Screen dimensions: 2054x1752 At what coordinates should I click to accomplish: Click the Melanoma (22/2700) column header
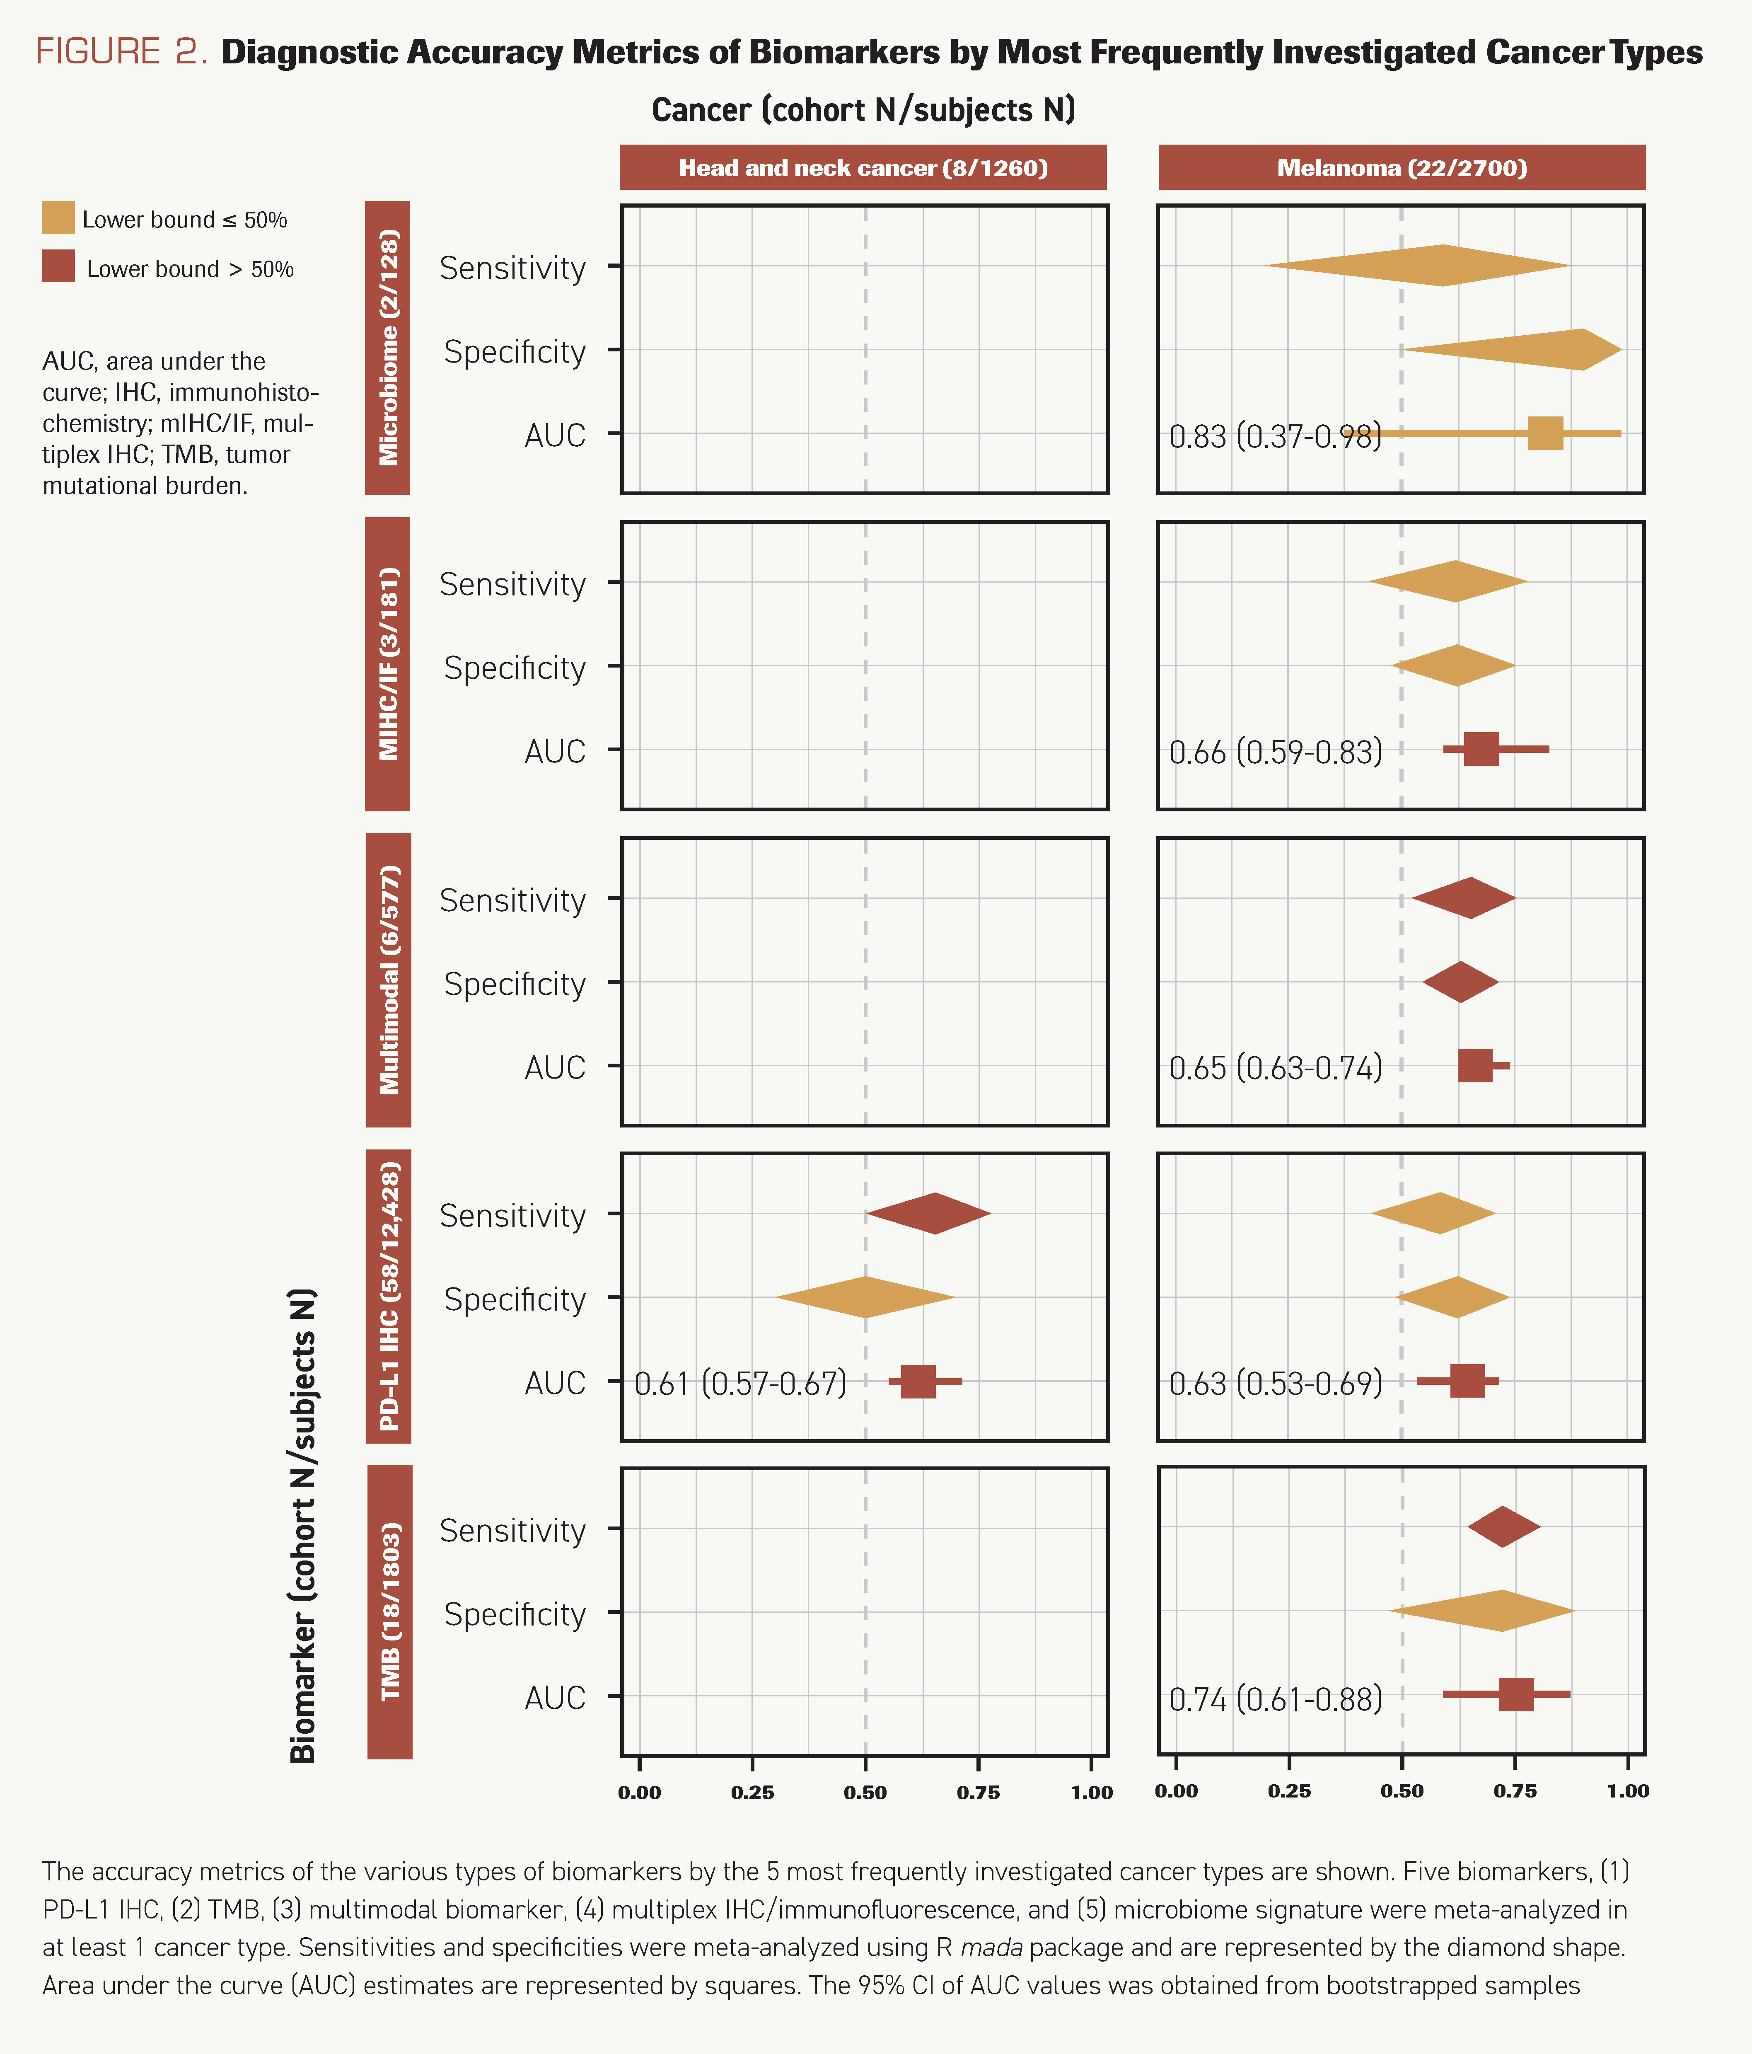coord(1401,167)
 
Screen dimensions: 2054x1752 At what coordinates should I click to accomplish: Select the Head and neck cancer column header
coord(862,167)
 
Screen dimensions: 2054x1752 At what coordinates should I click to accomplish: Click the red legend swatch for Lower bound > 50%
coord(58,267)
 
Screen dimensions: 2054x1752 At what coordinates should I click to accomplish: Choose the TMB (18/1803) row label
coord(390,1612)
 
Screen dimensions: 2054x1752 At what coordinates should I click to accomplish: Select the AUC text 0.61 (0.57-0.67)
coord(740,1383)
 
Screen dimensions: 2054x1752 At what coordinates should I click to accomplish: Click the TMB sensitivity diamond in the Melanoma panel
coord(1503,1527)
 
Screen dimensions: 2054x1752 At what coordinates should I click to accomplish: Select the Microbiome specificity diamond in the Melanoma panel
coord(1546,350)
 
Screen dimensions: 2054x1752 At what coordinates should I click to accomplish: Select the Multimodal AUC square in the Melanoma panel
coord(1474,1066)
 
